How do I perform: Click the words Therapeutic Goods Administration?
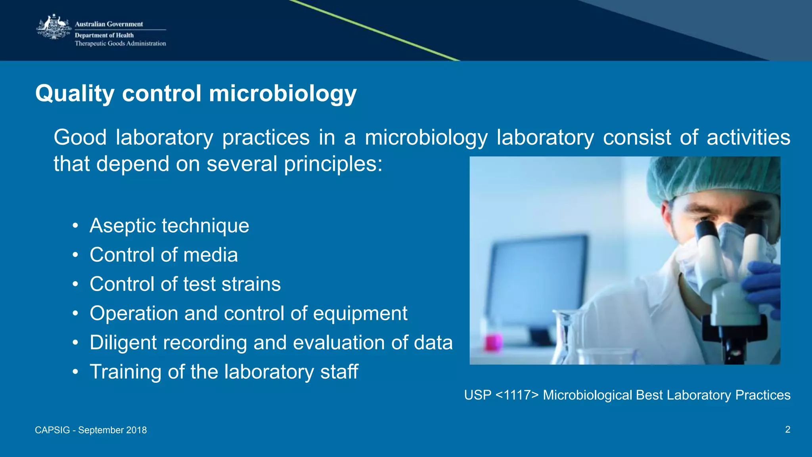click(x=120, y=44)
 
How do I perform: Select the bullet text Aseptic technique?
click(x=169, y=226)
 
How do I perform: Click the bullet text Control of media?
click(x=163, y=255)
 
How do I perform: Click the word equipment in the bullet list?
click(x=360, y=314)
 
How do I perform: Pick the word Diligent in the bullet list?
click(x=123, y=343)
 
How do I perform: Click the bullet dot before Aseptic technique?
click(x=75, y=226)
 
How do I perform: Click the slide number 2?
click(x=787, y=429)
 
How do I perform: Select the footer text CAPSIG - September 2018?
click(x=91, y=430)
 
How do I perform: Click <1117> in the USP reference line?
click(x=517, y=395)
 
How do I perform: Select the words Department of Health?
click(x=104, y=35)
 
